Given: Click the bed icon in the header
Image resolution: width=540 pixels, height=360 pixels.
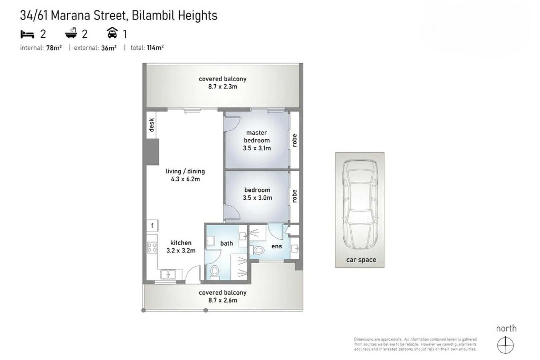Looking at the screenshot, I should point(27,34).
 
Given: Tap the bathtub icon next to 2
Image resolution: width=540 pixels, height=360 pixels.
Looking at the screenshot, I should point(71,33).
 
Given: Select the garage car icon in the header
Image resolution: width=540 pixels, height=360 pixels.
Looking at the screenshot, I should point(112,33).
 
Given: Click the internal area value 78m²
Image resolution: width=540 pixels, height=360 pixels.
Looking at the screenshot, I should point(54,48).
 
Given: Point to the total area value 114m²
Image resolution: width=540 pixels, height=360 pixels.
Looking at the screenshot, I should point(155,48).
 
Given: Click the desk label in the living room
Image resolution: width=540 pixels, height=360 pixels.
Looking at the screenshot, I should point(152,125).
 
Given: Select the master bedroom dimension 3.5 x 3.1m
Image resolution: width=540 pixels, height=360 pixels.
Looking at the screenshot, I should point(256,148).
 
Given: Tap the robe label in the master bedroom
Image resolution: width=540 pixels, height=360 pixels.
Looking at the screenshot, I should point(294,140).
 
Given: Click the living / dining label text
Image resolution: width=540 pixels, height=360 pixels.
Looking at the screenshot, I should point(185,171).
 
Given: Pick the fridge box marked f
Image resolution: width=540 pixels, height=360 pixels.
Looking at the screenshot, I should point(152,226).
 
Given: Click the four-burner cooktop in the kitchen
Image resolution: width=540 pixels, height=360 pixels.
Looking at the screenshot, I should point(152,247).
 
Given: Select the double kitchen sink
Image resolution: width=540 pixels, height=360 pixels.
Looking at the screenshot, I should point(168,274).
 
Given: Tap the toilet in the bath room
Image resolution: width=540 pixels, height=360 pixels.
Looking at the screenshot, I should point(214,272).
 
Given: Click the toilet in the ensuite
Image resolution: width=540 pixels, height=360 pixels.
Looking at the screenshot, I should point(258,250).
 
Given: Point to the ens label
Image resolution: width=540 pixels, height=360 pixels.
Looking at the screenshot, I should point(276,246).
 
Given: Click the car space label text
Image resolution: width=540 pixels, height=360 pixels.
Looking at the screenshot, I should point(361,260).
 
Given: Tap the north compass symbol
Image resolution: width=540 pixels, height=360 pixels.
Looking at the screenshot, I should point(505,344).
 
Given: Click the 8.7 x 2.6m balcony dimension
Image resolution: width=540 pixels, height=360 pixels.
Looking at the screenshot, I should point(223,300).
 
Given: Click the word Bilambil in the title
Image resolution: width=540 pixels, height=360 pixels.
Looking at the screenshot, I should point(152,15).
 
